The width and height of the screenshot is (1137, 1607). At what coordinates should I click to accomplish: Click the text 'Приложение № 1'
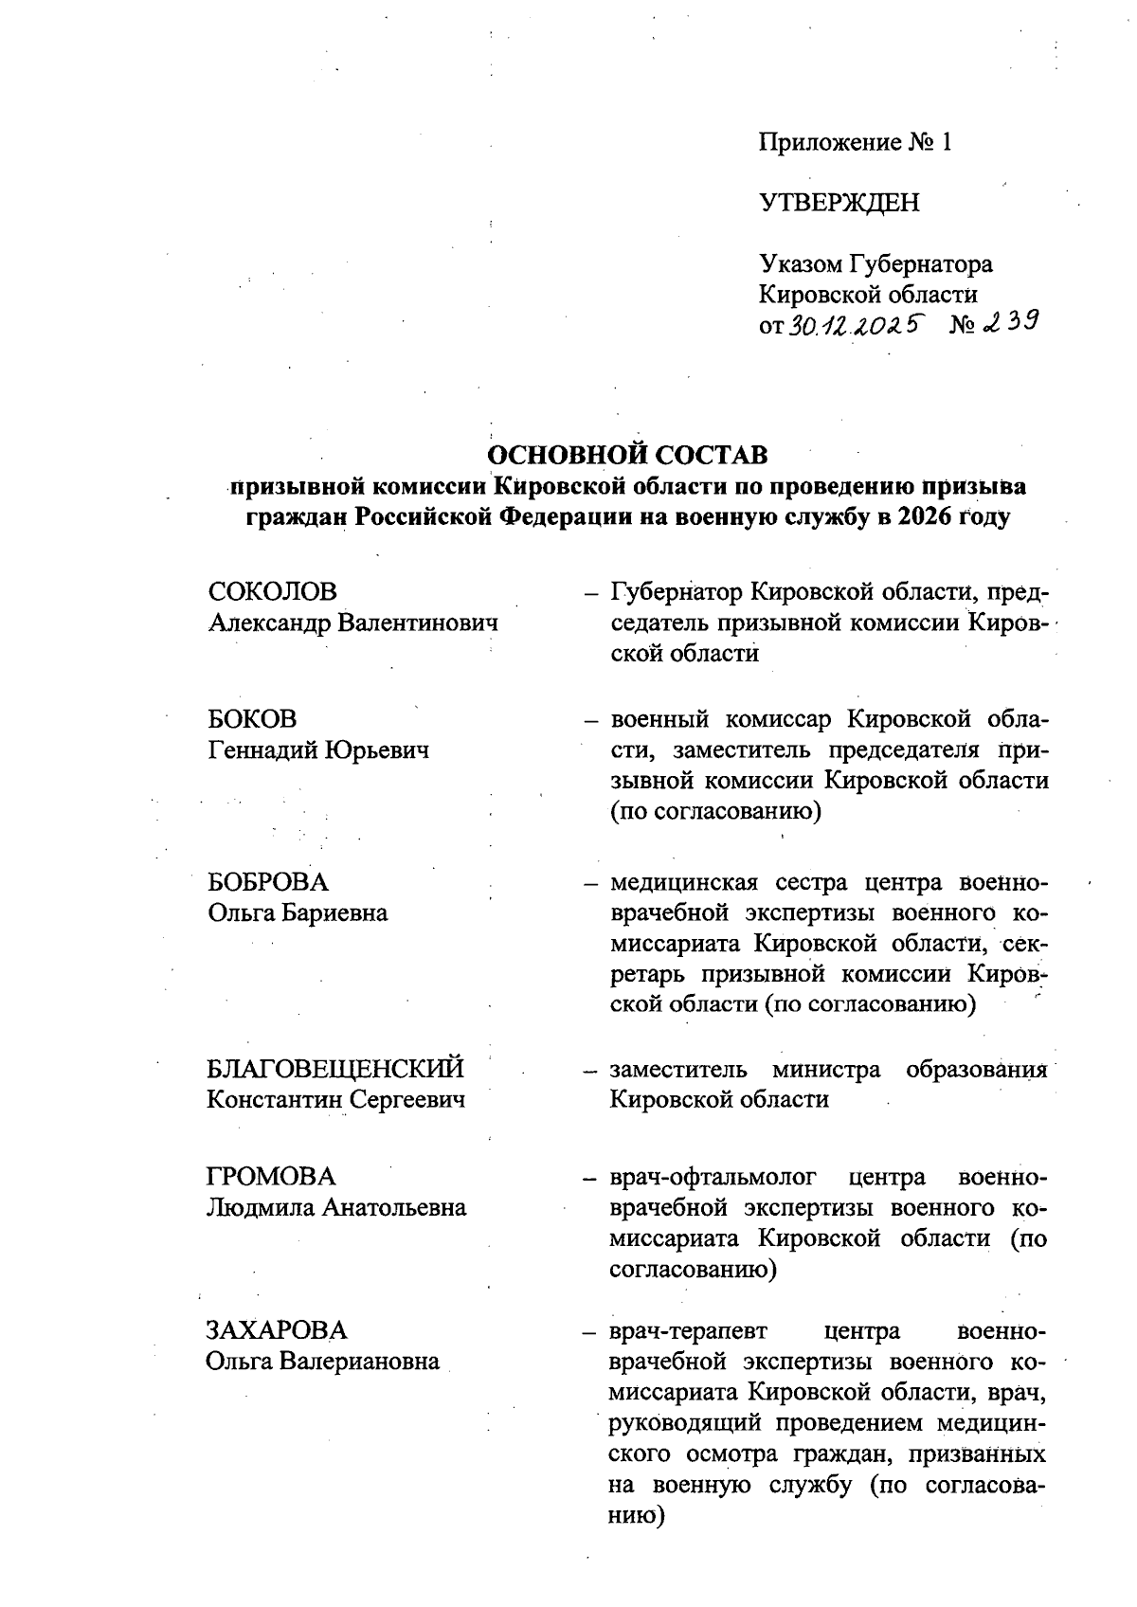point(854,143)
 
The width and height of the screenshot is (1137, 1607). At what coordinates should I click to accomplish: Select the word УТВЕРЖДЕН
point(839,203)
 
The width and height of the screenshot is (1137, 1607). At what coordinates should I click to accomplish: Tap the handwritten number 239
point(1010,324)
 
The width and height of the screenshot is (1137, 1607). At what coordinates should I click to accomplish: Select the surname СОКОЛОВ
point(272,592)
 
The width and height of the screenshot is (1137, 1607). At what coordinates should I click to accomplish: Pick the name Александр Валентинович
point(352,623)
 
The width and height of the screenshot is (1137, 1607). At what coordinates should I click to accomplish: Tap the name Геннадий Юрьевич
point(318,750)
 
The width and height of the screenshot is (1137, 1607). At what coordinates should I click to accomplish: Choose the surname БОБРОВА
point(268,882)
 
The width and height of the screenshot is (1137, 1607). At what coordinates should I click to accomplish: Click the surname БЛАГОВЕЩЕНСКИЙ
point(336,1069)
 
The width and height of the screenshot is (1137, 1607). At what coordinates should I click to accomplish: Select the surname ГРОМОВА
point(271,1177)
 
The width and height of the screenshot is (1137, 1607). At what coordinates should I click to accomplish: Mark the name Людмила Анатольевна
point(336,1208)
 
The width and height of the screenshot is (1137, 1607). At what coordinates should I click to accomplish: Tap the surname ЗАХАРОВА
point(277,1330)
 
